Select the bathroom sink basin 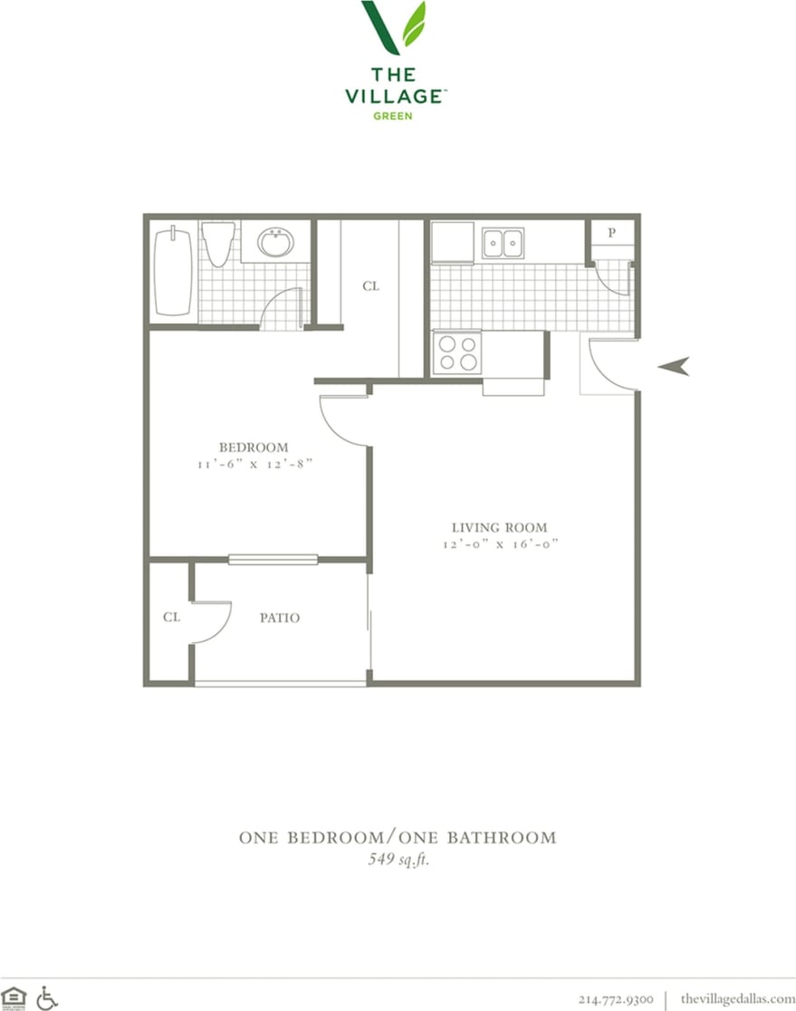tap(275, 243)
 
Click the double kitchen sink tap(503, 243)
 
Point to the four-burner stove tap(456, 352)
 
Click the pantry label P tap(612, 233)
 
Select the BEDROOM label tap(254, 447)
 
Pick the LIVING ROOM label tap(500, 527)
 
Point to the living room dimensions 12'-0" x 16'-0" tap(500, 544)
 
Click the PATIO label tap(280, 618)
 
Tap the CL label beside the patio tap(171, 617)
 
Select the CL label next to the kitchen tap(370, 286)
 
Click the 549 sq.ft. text tap(398, 860)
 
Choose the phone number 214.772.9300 tap(615, 998)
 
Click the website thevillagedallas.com tap(737, 998)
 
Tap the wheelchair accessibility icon tap(47, 997)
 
